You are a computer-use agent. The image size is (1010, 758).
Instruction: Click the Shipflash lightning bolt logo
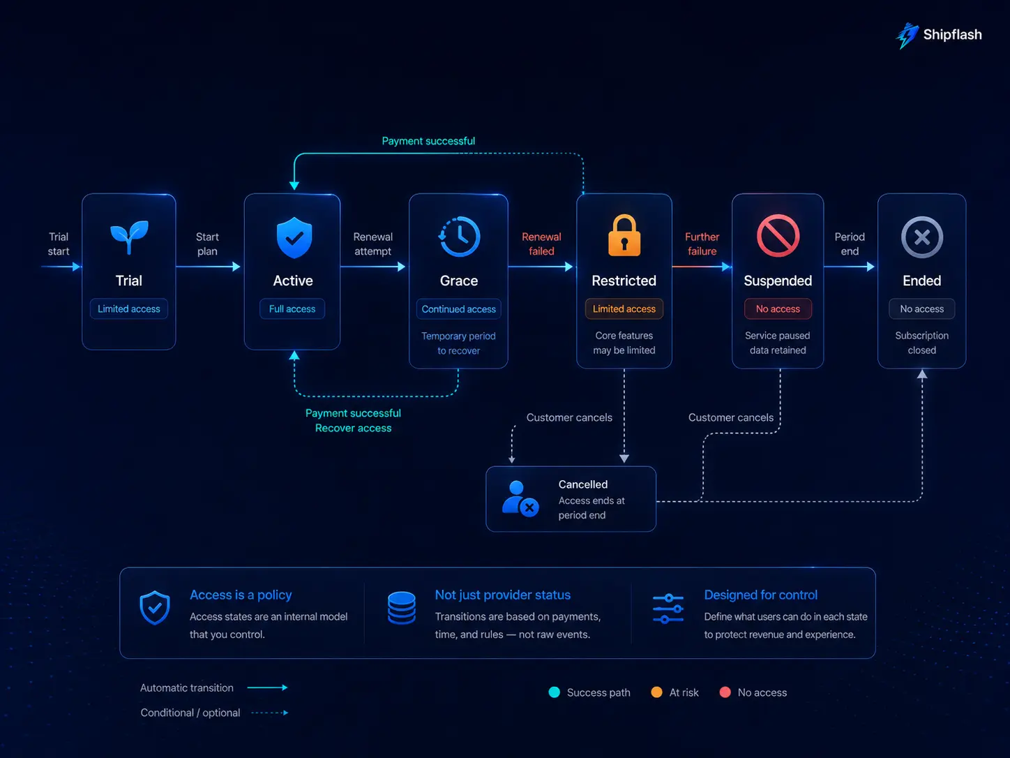(907, 36)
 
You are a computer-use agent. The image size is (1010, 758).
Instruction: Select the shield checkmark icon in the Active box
(294, 237)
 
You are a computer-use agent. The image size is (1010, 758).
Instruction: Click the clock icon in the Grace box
(459, 237)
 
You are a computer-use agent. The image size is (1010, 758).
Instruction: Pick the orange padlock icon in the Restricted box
(624, 235)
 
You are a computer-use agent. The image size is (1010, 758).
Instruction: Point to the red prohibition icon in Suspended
(778, 236)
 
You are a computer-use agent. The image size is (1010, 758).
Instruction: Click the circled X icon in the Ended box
(921, 237)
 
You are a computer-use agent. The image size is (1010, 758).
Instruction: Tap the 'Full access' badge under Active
(292, 309)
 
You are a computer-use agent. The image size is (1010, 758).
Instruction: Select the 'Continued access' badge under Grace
(459, 309)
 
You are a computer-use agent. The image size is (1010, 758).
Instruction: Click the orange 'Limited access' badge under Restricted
(624, 309)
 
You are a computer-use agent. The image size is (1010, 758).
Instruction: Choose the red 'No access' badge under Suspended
(778, 309)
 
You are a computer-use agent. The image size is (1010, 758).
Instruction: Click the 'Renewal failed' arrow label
(541, 244)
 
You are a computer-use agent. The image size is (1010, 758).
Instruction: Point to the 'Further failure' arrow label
(702, 244)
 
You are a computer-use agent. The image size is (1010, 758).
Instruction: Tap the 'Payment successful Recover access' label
(354, 421)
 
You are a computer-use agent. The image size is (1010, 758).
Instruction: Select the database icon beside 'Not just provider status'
(402, 607)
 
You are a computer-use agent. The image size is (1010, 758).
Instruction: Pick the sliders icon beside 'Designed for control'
(668, 609)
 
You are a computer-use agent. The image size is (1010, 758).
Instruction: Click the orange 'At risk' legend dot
(656, 692)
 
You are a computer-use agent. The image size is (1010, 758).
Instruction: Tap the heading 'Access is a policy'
(241, 595)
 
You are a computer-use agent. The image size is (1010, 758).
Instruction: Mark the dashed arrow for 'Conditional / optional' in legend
(270, 713)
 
